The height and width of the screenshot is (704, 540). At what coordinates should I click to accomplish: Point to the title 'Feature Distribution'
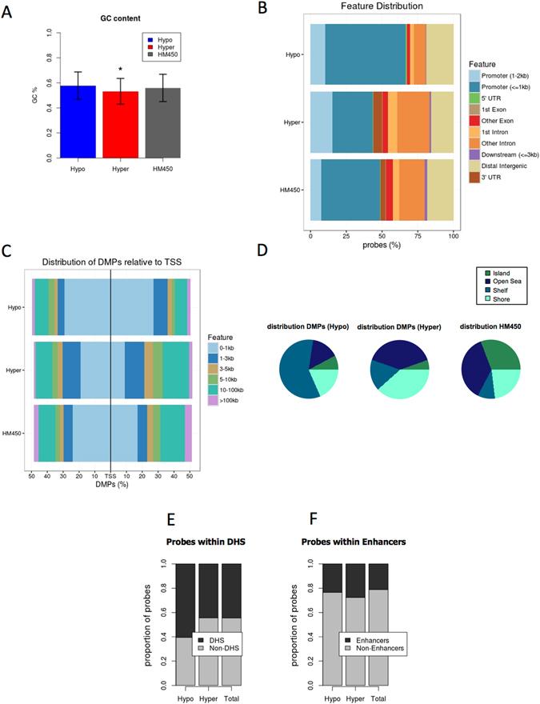coord(381,7)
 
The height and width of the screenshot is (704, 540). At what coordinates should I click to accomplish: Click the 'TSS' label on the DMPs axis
coord(110,475)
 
